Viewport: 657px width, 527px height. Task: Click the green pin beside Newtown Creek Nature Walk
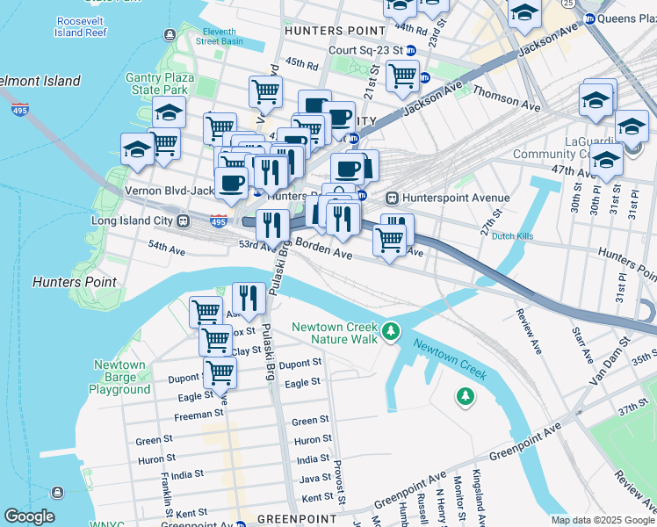391,333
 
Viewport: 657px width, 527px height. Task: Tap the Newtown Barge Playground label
119,377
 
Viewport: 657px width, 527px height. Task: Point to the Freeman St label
199,415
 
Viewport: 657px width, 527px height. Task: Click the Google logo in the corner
30,516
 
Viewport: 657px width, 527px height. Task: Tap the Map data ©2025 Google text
603,520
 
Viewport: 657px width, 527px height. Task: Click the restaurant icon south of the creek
249,300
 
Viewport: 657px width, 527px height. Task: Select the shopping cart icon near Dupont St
220,372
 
